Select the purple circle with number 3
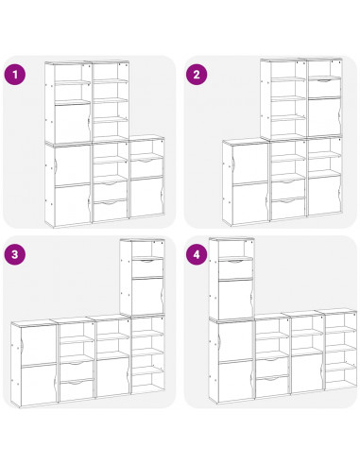pos(14,253)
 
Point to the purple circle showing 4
pos(197,253)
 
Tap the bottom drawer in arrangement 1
pos(111,206)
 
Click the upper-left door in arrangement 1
pos(67,123)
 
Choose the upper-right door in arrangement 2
pos(323,116)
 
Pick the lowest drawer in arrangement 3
pos(77,387)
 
